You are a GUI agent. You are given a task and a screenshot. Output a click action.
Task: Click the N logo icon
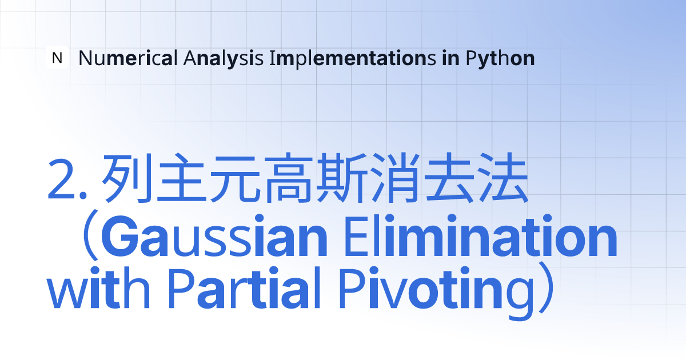pos(57,57)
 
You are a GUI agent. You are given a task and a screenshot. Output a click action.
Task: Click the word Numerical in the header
pos(128,58)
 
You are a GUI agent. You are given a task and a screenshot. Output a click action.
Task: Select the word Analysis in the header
pos(224,58)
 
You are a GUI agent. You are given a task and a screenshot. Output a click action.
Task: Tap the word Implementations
pos(353,58)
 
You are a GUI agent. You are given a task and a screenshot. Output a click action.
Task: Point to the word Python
pos(500,58)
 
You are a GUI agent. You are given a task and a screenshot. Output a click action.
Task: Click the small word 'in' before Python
pos(451,58)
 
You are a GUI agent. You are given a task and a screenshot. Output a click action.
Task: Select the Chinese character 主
pos(181,178)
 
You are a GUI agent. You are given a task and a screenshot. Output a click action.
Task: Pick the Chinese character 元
pos(235,179)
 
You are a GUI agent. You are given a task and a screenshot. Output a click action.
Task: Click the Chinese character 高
pos(289,178)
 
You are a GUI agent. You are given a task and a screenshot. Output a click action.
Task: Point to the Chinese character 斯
pos(342,178)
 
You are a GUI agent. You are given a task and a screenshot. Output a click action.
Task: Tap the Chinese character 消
pos(395,178)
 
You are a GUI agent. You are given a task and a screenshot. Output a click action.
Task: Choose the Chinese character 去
pos(449,178)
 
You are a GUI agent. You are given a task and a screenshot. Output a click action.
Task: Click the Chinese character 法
pos(503,178)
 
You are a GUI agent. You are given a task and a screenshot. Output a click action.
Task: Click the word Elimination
pos(481,235)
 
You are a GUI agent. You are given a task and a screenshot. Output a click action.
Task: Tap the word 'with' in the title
pos(98,288)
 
